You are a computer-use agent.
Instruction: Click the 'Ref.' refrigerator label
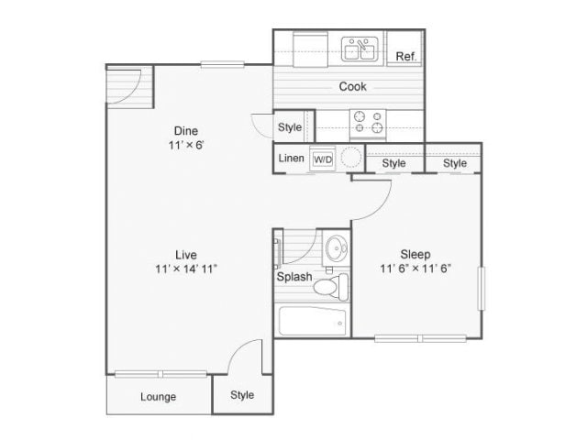click(406, 57)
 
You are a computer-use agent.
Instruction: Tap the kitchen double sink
click(361, 49)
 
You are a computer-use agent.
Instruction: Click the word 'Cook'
click(353, 87)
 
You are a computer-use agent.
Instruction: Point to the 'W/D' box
click(323, 159)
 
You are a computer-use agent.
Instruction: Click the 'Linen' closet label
click(292, 159)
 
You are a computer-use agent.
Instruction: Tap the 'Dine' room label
click(186, 130)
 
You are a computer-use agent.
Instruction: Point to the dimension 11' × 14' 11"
click(187, 269)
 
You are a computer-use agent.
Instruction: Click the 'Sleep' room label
click(415, 254)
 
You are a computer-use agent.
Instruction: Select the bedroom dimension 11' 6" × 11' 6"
click(415, 269)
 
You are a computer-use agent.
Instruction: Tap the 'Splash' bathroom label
click(294, 277)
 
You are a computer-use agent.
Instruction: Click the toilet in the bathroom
click(327, 286)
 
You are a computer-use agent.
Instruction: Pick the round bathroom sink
click(336, 247)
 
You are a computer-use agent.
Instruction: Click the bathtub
click(313, 322)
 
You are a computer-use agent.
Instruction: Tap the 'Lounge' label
click(158, 397)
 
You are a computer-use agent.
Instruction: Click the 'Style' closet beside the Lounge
click(242, 395)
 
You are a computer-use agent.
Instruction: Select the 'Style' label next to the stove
click(290, 127)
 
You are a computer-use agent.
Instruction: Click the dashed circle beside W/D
click(351, 159)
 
